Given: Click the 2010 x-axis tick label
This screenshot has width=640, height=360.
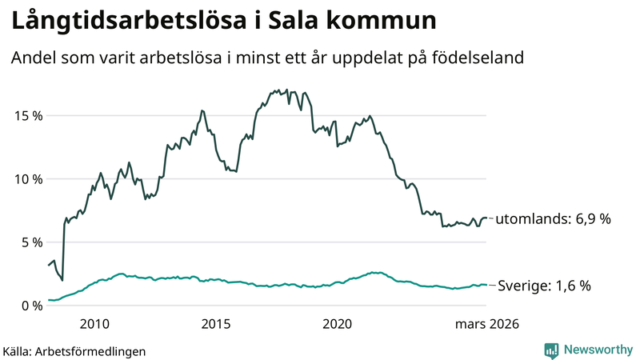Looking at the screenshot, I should pyautogui.click(x=94, y=324).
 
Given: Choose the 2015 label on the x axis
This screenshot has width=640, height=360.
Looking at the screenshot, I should pyautogui.click(x=216, y=324).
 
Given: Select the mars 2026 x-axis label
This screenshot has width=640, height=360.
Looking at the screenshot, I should pyautogui.click(x=487, y=324).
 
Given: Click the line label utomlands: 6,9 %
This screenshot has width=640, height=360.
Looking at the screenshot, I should pyautogui.click(x=554, y=218).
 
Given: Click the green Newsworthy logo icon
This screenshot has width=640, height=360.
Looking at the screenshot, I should pyautogui.click(x=551, y=350).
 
